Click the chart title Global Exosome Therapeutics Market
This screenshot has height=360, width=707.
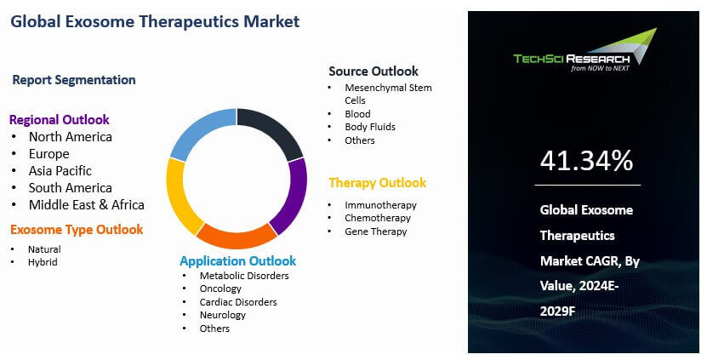(154, 21)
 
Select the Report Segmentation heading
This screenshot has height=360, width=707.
(74, 80)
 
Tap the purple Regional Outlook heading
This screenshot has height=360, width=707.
(59, 119)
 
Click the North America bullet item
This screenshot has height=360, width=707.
(70, 136)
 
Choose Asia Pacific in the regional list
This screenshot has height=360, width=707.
(60, 170)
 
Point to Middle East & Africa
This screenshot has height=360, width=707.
(86, 204)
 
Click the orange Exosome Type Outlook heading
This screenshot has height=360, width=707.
(77, 229)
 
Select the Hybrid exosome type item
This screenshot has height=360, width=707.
(43, 261)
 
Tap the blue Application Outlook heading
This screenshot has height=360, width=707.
(237, 260)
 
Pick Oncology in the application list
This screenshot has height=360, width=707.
(220, 289)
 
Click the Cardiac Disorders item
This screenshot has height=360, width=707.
(238, 302)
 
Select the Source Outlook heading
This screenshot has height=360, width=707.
(373, 71)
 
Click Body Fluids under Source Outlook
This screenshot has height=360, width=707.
(369, 127)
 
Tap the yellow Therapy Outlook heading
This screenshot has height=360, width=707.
(377, 183)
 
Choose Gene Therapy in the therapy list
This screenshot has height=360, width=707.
(375, 231)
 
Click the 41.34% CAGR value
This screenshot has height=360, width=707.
(586, 159)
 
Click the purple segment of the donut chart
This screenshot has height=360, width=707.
(293, 196)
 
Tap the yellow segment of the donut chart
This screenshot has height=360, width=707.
(180, 197)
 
